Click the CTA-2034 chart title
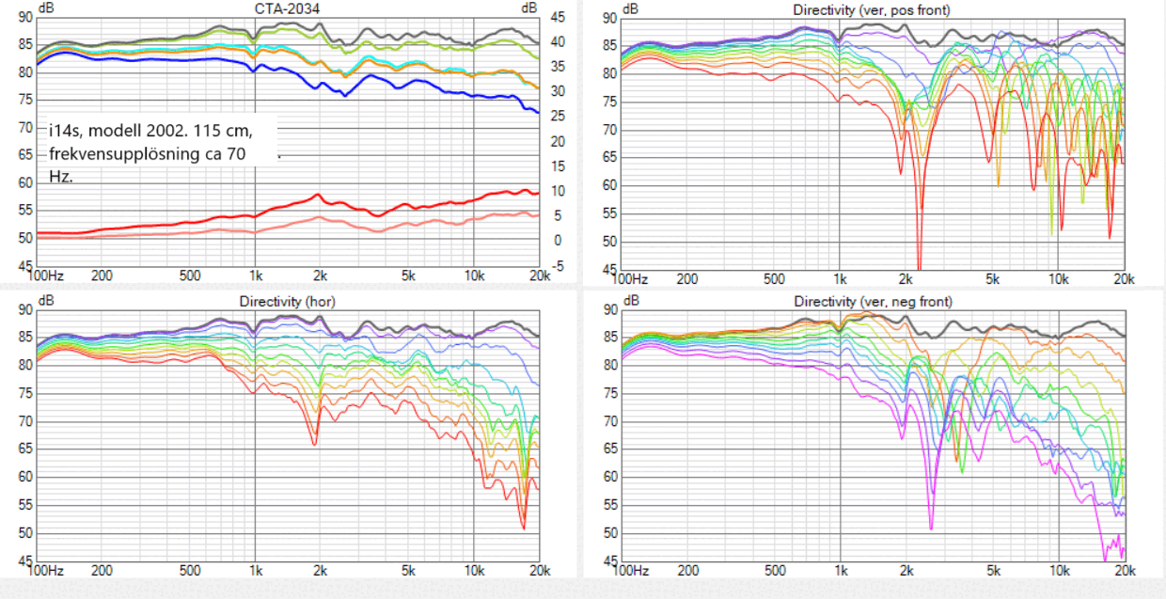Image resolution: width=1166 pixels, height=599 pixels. [x=286, y=8]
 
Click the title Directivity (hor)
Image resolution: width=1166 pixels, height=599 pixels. [x=287, y=302]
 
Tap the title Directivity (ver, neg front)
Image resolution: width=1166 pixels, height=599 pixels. [x=872, y=302]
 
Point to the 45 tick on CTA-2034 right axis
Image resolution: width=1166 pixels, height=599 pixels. [x=557, y=17]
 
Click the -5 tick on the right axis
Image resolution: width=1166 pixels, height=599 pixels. [x=557, y=265]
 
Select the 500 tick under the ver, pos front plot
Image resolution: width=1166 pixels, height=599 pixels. [x=774, y=278]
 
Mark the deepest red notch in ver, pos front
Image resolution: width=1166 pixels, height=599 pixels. [x=919, y=265]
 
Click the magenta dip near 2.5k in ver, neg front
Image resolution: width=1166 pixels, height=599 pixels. [x=931, y=527]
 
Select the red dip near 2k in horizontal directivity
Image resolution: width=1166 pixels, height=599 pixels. [x=314, y=443]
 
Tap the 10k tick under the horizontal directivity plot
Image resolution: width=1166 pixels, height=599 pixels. [x=474, y=571]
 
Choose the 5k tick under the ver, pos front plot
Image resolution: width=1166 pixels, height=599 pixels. [x=994, y=278]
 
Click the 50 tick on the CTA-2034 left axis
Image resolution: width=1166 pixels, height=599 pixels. [x=25, y=238]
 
